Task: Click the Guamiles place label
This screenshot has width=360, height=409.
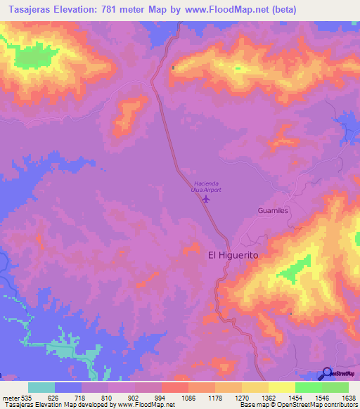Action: click(274, 210)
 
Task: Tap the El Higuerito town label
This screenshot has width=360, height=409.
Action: click(233, 257)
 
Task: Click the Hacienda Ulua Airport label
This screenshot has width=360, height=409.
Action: click(205, 186)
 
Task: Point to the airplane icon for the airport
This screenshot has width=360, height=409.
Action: click(206, 199)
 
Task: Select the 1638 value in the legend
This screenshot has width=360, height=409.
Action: click(340, 397)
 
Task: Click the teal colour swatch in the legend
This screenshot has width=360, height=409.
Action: click(41, 387)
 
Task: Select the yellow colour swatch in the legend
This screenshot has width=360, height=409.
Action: click(281, 387)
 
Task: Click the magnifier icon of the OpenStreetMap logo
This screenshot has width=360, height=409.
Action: click(327, 374)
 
